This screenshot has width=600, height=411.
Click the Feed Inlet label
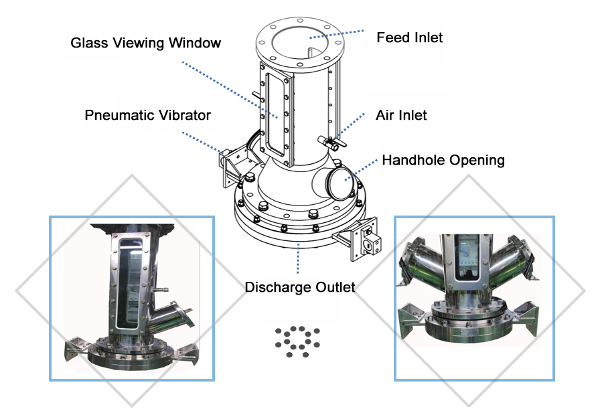click(x=409, y=37)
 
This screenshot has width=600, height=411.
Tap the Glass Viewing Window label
click(x=145, y=44)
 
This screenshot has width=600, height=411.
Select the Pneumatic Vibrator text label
click(x=147, y=115)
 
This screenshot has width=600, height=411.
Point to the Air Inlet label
click(x=401, y=115)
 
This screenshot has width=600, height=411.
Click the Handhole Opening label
click(x=443, y=161)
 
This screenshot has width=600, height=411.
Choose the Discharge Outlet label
click(x=299, y=288)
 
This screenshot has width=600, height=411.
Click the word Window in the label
click(x=194, y=44)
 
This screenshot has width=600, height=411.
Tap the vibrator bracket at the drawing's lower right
click(x=361, y=239)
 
